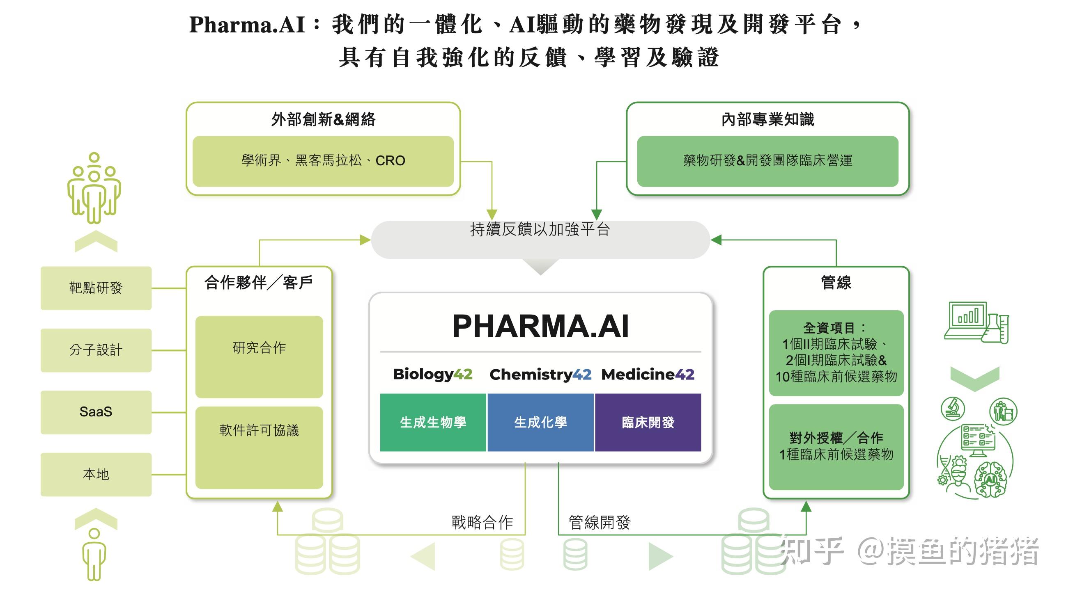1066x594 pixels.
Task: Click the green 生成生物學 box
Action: tap(433, 422)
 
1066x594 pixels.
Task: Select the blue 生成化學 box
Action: tap(540, 422)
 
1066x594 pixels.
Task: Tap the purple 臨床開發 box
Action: tap(648, 422)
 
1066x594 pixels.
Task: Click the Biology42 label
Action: tap(432, 374)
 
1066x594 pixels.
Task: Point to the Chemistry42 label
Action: tap(540, 375)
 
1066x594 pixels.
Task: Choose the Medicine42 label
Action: tap(648, 375)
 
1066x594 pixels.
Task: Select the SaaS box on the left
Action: tap(96, 412)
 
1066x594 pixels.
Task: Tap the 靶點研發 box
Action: tap(96, 288)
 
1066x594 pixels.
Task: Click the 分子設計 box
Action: tap(96, 350)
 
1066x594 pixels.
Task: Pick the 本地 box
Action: tap(96, 474)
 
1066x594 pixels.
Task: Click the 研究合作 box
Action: tap(259, 356)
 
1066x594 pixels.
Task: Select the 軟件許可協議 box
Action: tap(259, 447)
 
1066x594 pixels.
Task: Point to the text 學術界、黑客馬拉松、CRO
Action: tap(323, 161)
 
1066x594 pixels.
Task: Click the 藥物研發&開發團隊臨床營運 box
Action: tap(767, 161)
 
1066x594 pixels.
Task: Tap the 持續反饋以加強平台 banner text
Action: tap(540, 230)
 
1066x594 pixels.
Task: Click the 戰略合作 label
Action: tap(482, 523)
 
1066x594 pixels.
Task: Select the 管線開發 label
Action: tap(600, 523)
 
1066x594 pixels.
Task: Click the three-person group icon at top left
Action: tap(94, 188)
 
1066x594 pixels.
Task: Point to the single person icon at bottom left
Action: tap(94, 554)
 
